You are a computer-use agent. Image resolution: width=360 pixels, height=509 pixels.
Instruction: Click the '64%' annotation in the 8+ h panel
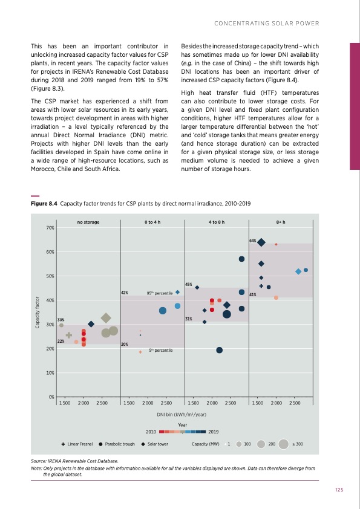click(x=253, y=241)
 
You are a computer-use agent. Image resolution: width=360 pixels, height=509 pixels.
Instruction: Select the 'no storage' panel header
click(x=88, y=222)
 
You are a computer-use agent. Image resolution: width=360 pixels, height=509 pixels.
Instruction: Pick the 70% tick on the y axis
click(x=50, y=227)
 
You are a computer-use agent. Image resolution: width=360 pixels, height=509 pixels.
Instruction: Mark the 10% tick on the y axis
click(x=50, y=373)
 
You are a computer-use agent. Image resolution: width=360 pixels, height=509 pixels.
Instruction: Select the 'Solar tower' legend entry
click(x=157, y=444)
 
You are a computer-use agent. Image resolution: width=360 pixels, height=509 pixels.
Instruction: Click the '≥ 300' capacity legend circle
click(x=284, y=444)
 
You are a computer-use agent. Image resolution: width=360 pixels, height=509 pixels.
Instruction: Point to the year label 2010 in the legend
click(x=152, y=432)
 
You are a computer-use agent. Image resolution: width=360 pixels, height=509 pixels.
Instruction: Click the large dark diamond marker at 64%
click(x=261, y=243)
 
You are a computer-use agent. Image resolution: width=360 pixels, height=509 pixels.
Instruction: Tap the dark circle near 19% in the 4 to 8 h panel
click(x=219, y=350)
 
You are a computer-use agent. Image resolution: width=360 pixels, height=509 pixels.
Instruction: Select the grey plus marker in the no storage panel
click(x=69, y=335)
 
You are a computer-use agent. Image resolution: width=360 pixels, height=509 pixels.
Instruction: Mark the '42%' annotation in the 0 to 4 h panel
click(x=124, y=293)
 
